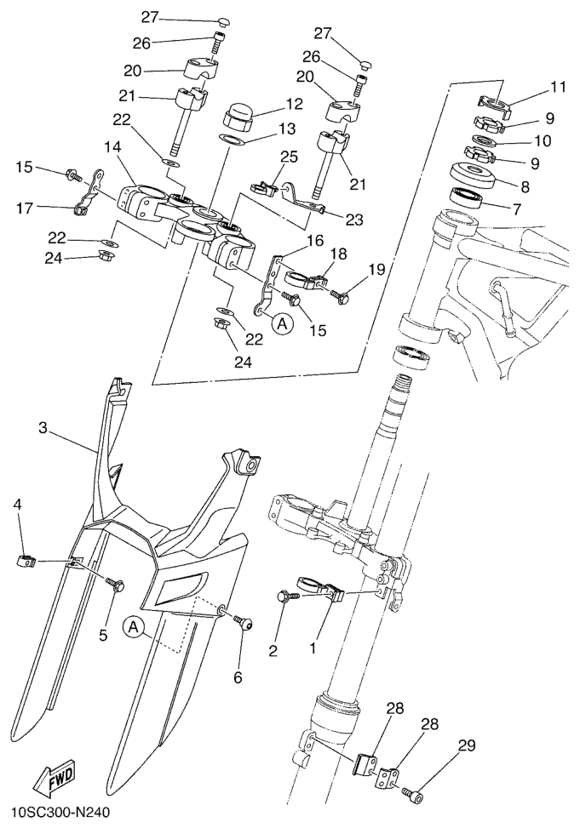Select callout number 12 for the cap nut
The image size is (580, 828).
click(295, 104)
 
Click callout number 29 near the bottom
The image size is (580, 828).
click(467, 745)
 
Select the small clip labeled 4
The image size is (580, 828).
click(26, 561)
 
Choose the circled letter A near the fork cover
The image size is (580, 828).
click(133, 627)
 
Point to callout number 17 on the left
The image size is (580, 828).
click(24, 209)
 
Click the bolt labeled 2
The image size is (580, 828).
click(287, 597)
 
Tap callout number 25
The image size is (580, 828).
click(290, 157)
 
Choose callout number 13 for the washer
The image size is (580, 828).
click(287, 128)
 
